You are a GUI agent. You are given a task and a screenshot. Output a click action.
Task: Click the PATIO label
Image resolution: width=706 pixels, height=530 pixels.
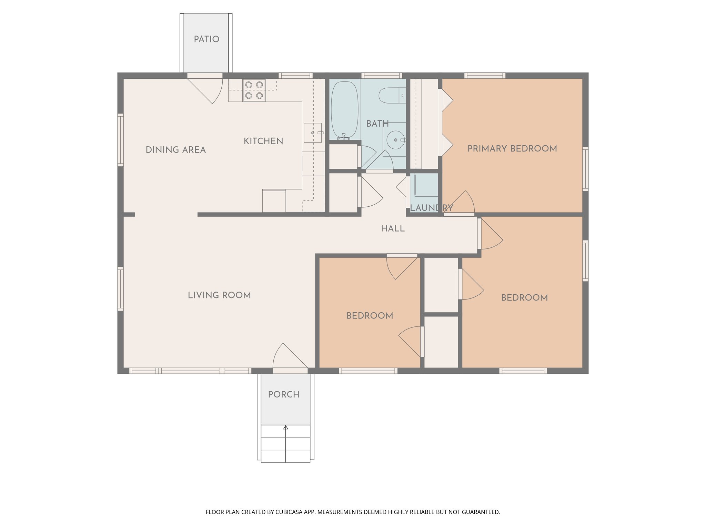[x=206, y=39]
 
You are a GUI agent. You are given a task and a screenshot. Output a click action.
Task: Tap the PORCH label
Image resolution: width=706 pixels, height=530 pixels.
[x=283, y=394]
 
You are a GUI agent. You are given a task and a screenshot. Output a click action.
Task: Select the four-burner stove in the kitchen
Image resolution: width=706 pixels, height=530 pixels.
[x=254, y=90]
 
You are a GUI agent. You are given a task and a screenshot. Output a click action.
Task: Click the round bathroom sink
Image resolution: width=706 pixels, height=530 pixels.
[x=395, y=140]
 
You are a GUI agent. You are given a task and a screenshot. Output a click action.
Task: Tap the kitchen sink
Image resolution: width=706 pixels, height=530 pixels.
[x=313, y=133]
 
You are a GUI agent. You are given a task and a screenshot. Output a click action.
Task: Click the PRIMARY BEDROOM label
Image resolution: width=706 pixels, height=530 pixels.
[x=512, y=149]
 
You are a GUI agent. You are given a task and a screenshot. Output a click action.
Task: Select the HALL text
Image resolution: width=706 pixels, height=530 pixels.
[x=393, y=228]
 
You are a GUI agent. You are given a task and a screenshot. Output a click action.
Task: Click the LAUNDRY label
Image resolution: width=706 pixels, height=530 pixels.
[x=431, y=208]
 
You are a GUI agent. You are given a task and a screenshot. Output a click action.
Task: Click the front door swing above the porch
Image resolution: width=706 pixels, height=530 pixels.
[x=288, y=357]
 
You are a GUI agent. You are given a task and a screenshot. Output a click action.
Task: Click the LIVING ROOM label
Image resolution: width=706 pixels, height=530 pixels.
[x=219, y=295]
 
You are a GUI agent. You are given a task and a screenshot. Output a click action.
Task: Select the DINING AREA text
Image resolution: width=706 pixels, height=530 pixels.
[x=175, y=150]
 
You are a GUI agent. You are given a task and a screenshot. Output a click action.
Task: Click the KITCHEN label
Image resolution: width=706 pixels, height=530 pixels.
[x=263, y=141]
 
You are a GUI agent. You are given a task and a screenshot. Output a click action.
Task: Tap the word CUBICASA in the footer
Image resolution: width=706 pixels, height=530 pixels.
[x=289, y=512]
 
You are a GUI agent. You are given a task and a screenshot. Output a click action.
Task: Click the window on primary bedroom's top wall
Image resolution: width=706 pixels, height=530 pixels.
[x=485, y=76]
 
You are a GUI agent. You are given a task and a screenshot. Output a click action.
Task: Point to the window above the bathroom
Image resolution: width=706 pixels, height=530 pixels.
[x=382, y=76]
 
